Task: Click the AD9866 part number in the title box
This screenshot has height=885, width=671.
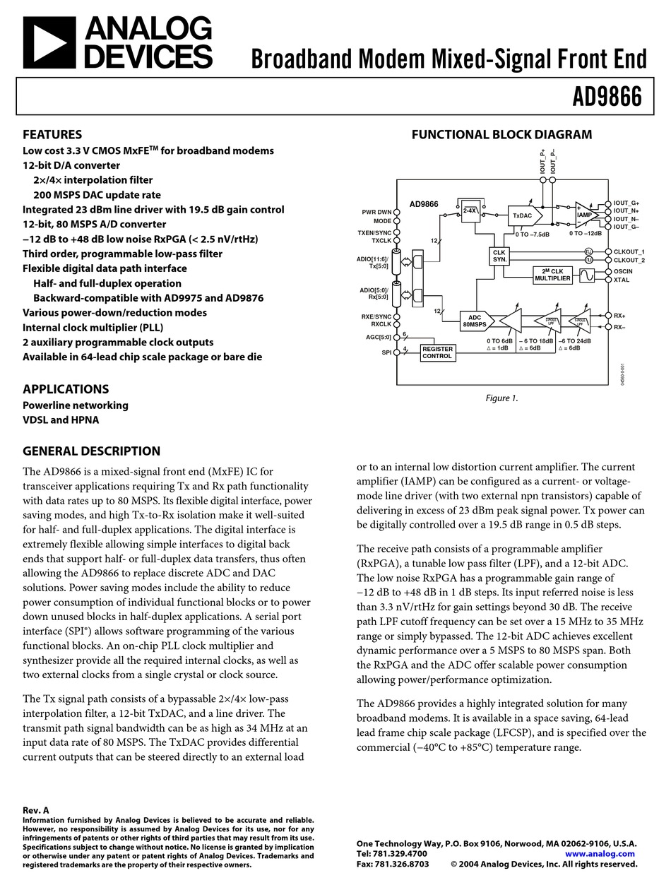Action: click(x=607, y=97)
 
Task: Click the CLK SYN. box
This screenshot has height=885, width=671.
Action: click(x=499, y=256)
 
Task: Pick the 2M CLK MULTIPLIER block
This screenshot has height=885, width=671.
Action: click(x=552, y=275)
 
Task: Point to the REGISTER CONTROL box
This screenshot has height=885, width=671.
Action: click(x=437, y=352)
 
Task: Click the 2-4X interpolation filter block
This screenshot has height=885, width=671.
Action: click(x=470, y=211)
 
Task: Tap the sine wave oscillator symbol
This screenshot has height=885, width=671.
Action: click(x=588, y=275)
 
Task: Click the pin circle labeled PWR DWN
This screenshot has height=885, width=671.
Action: click(x=397, y=211)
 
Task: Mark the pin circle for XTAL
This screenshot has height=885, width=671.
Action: click(x=608, y=280)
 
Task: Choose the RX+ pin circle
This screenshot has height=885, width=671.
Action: click(x=608, y=315)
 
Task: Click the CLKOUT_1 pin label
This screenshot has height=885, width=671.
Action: click(x=629, y=251)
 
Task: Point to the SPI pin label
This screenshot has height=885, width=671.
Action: click(x=386, y=352)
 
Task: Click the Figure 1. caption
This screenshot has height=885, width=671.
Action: click(x=501, y=398)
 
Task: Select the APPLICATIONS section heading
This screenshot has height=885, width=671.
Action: click(x=66, y=389)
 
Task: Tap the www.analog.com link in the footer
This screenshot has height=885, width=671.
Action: click(x=601, y=853)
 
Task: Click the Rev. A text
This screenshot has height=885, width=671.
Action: click(x=36, y=810)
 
